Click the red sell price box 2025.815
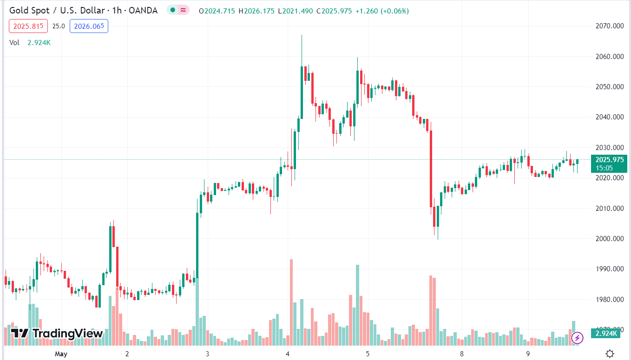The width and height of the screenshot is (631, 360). point(28,26)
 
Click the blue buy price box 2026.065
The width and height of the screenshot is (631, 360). point(89,26)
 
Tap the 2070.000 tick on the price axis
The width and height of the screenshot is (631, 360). point(609,26)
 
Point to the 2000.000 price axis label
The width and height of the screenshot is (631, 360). point(609,239)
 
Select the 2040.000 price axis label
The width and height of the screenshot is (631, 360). point(609,117)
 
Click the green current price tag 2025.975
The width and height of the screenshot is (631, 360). point(609,160)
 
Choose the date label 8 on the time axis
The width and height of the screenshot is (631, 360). point(462,354)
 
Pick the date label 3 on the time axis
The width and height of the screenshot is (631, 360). point(207,354)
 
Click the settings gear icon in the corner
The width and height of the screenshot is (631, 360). point(610,353)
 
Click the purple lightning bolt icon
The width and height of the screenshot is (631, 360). point(577,338)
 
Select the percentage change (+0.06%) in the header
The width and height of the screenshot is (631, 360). point(394,11)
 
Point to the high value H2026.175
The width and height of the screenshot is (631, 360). point(256,11)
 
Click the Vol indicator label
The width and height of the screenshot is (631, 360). point(14,43)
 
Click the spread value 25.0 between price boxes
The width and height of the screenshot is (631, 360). point(58,26)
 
